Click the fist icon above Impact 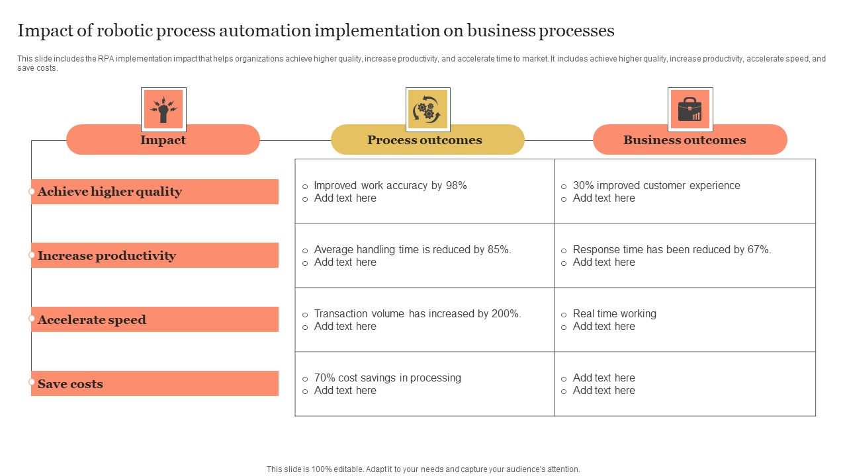(x=163, y=109)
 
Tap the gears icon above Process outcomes (x=427, y=109)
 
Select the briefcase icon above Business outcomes (x=690, y=109)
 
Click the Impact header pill (x=163, y=140)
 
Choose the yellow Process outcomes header (x=427, y=140)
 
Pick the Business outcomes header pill (x=690, y=140)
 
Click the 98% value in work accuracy (x=456, y=186)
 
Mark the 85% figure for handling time (x=498, y=250)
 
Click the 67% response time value (x=758, y=250)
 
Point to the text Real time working (x=614, y=314)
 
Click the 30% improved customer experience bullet (x=656, y=186)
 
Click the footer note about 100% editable (x=423, y=469)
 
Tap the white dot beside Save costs (x=31, y=382)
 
